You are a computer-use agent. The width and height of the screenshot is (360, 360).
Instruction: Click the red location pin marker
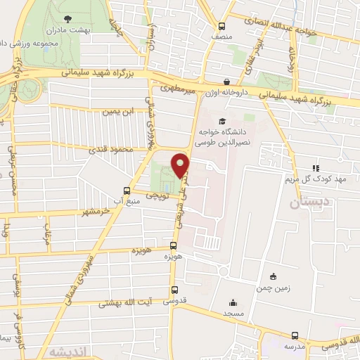click(182, 165)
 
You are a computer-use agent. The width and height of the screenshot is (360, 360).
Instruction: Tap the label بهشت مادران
click(66, 32)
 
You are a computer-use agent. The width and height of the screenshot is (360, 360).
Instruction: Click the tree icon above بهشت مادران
click(66, 20)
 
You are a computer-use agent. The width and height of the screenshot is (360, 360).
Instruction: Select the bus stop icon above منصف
click(223, 24)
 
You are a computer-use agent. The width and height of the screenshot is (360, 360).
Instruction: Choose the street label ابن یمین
click(117, 111)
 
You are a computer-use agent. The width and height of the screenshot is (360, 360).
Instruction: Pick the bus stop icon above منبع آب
click(127, 190)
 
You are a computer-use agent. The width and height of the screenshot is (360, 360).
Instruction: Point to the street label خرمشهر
click(96, 211)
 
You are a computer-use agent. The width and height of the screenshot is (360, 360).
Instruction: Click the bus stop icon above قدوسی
click(174, 290)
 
